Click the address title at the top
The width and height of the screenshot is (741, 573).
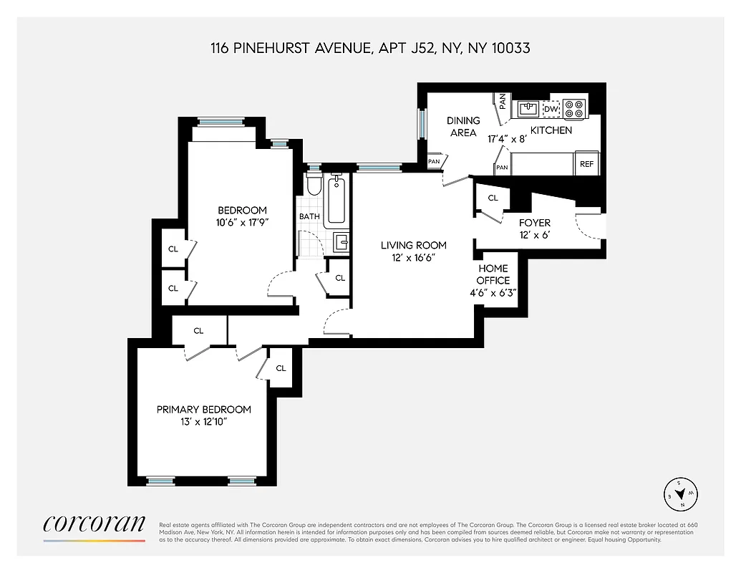[370, 49]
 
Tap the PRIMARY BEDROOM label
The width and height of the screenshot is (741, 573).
[204, 410]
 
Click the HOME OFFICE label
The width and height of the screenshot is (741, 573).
[493, 274]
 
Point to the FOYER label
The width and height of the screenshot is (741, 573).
[534, 223]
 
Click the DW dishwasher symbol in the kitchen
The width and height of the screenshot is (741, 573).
[551, 109]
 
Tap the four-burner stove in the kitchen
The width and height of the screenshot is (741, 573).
[575, 108]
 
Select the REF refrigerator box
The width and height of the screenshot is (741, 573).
[586, 164]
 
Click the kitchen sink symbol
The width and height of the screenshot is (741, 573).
[528, 108]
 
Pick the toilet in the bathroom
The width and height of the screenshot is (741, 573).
[313, 185]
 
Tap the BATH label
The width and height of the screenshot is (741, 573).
[309, 216]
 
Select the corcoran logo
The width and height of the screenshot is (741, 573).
[94, 523]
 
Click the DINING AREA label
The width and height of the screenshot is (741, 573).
[463, 127]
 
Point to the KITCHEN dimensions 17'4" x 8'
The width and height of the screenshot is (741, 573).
[507, 139]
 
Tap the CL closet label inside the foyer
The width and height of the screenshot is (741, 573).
[493, 198]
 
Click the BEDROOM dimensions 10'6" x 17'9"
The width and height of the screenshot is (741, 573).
[242, 223]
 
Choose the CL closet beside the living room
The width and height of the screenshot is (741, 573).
[340, 278]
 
